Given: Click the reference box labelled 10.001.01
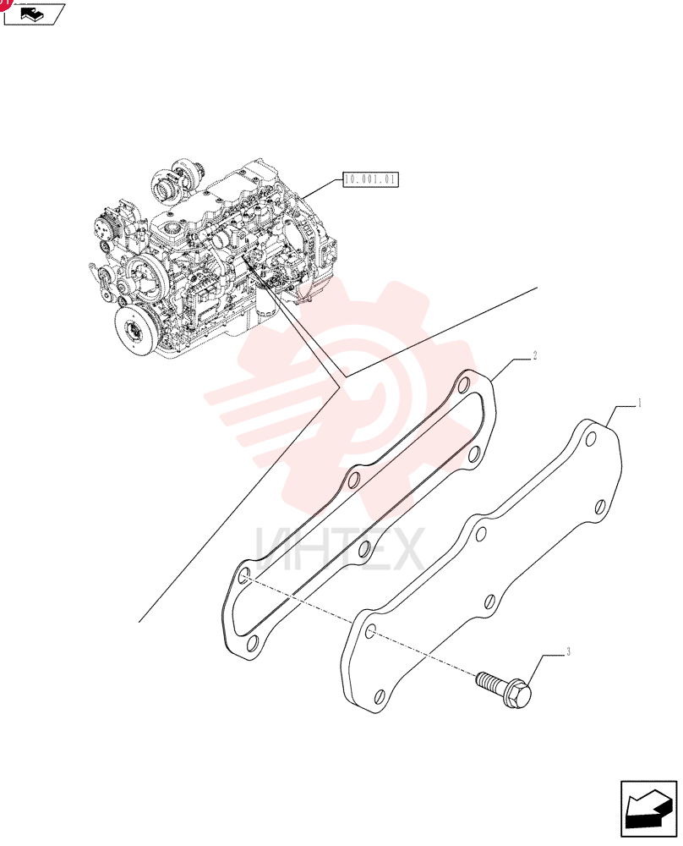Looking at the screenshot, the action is point(371,179).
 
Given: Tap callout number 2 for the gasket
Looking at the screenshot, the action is point(535,355).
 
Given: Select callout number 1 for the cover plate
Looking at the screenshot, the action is point(639,403).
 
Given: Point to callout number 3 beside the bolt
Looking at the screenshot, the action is point(568,652).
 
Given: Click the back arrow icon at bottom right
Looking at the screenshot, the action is point(648,811).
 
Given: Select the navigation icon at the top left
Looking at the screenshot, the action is point(34,14).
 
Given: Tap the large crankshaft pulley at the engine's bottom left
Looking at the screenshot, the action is point(134,330).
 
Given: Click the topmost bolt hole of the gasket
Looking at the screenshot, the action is point(462,387).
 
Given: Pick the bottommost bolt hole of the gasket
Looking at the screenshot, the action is point(252,643).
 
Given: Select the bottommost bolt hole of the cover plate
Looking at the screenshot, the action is point(380,696).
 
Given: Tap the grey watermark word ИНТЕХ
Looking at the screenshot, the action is point(340,550).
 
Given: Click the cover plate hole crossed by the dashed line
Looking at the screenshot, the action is point(371,632).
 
